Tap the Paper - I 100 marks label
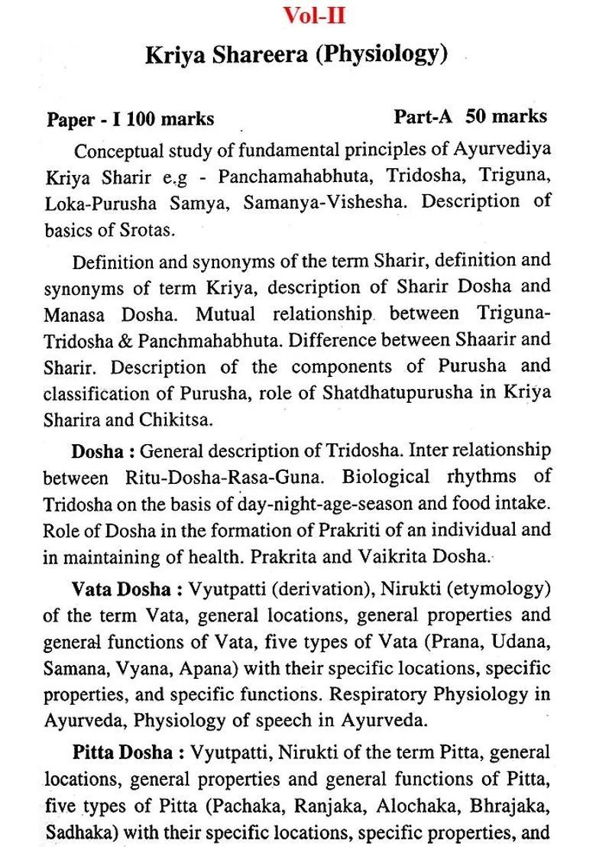click(x=131, y=119)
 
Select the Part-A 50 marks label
click(x=470, y=116)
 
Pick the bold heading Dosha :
click(x=103, y=451)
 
